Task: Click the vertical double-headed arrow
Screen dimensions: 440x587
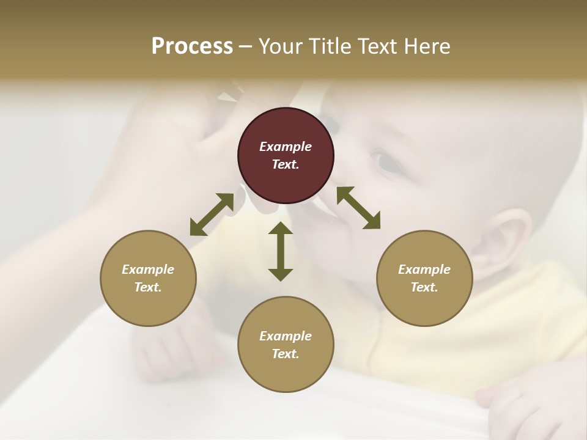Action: coord(281,251)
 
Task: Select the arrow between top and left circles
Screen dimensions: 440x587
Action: coord(212,215)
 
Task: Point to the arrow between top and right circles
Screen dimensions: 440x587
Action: coord(358,208)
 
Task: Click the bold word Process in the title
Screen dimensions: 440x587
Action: coord(192,46)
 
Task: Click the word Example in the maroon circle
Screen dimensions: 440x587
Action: coord(286,147)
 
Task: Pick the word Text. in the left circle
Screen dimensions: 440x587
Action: coord(148,287)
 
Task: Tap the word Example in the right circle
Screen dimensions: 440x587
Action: coord(424,269)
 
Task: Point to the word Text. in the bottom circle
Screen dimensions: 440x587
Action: coord(286,354)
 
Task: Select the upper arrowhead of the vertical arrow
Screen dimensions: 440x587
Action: coord(281,229)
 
